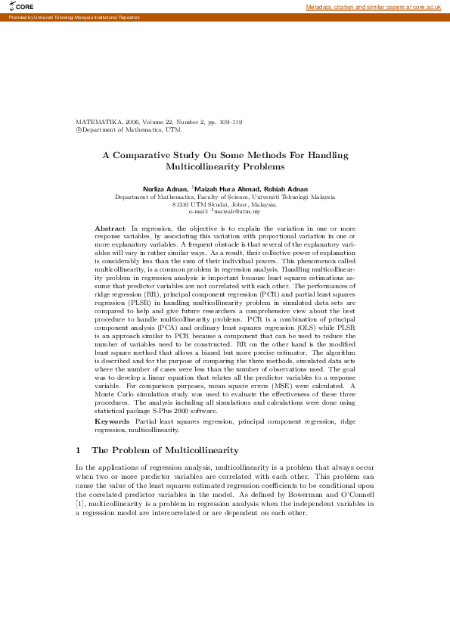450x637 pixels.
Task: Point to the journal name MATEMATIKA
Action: click(x=98, y=122)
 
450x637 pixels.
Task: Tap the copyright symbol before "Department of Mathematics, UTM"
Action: click(x=79, y=129)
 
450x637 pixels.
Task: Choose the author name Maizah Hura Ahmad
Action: click(x=225, y=188)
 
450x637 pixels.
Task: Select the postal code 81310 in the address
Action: click(x=181, y=205)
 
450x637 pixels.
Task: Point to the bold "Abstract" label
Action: click(x=110, y=228)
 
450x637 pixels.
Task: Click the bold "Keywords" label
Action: click(x=112, y=420)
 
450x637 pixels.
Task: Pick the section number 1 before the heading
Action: click(x=79, y=450)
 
